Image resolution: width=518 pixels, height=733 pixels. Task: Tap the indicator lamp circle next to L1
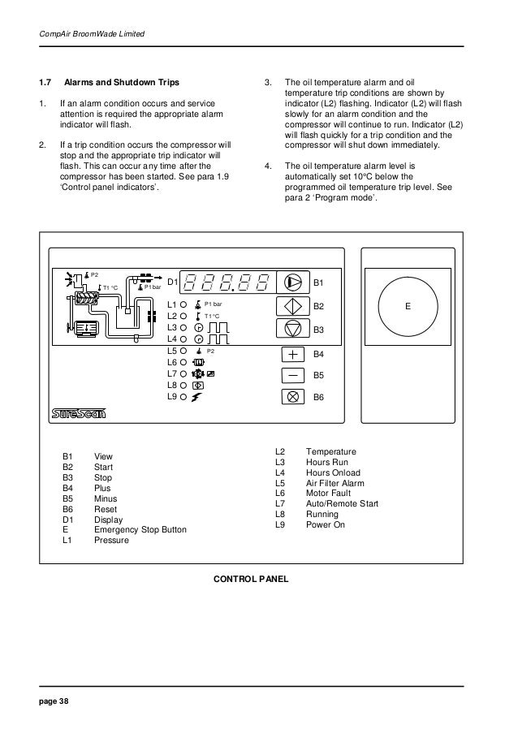click(x=184, y=304)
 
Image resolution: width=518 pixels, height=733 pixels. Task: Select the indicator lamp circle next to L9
click(x=184, y=397)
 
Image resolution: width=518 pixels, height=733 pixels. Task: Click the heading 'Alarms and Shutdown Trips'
click(x=122, y=83)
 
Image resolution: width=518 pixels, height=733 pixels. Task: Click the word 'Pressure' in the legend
click(x=111, y=540)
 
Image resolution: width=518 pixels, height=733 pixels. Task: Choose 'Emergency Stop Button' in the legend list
click(x=140, y=530)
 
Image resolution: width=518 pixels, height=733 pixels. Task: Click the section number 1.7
click(x=46, y=83)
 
